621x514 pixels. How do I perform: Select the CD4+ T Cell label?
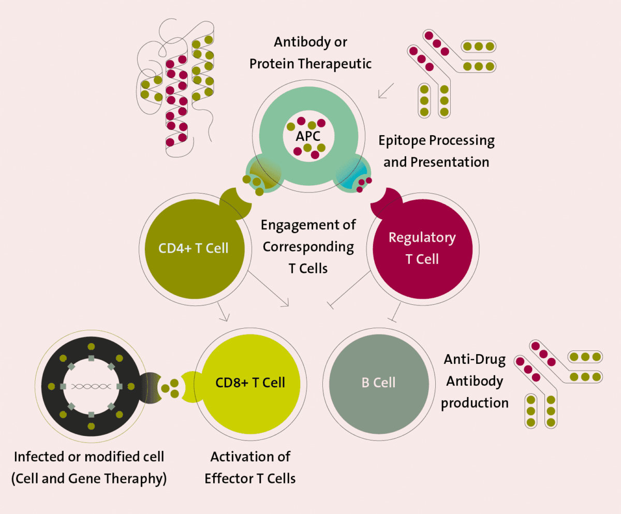pos(194,248)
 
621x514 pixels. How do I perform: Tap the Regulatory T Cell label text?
pos(422,248)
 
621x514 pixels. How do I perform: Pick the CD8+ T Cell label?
pos(250,383)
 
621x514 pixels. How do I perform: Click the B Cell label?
pos(378,383)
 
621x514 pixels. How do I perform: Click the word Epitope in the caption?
pos(402,140)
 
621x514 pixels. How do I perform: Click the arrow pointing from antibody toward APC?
pos(386,90)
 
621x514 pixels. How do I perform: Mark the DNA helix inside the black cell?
pos(91,386)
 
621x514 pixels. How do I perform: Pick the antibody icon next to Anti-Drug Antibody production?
pos(557,383)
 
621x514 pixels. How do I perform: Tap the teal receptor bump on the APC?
pos(353,176)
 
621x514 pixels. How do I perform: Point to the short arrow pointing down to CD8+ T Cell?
pos(223,312)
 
